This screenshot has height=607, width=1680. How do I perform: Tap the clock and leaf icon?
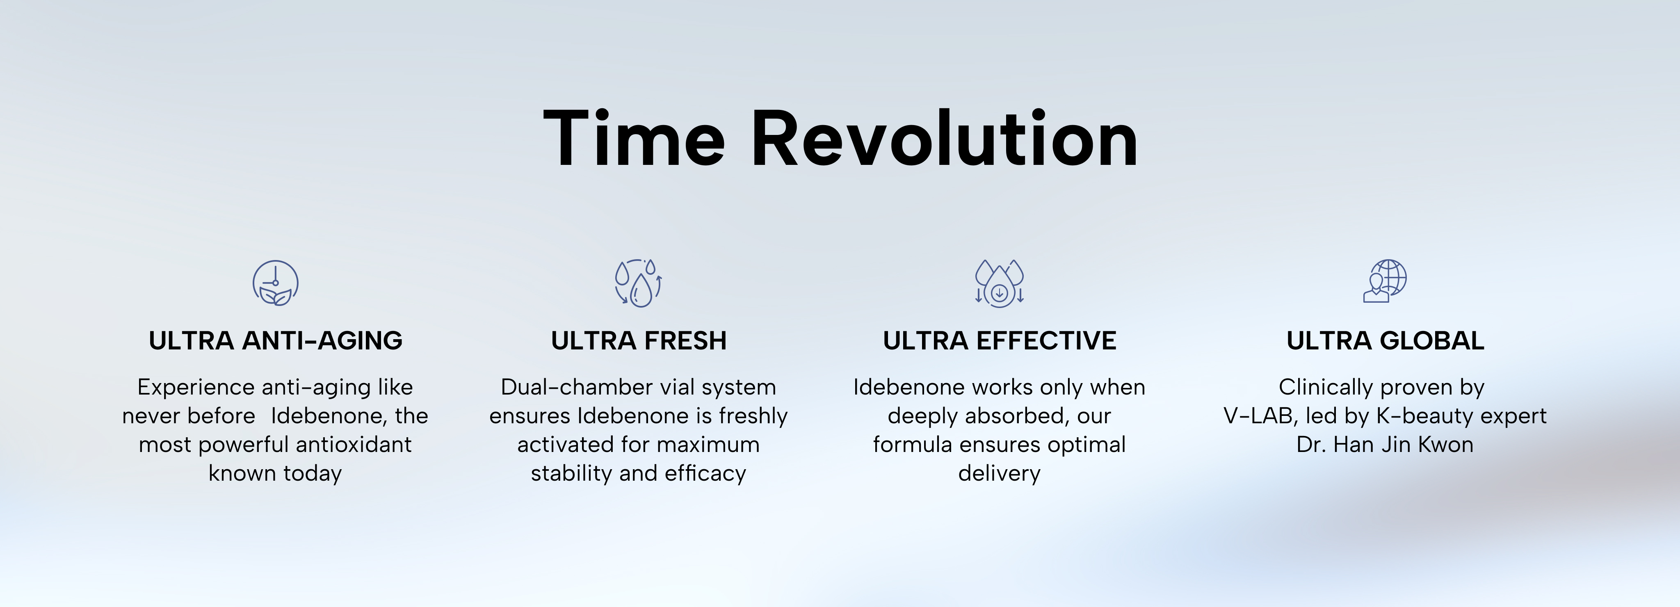point(275,283)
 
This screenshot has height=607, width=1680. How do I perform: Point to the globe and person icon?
point(1385,281)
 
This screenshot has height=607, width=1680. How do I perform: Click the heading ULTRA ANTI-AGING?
point(275,341)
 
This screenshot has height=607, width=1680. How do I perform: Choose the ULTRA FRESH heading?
point(639,341)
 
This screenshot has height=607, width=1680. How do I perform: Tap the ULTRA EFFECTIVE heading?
point(999,341)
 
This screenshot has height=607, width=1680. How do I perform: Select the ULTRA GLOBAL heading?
point(1385,341)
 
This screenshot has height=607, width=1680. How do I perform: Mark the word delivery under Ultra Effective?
point(999,473)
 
